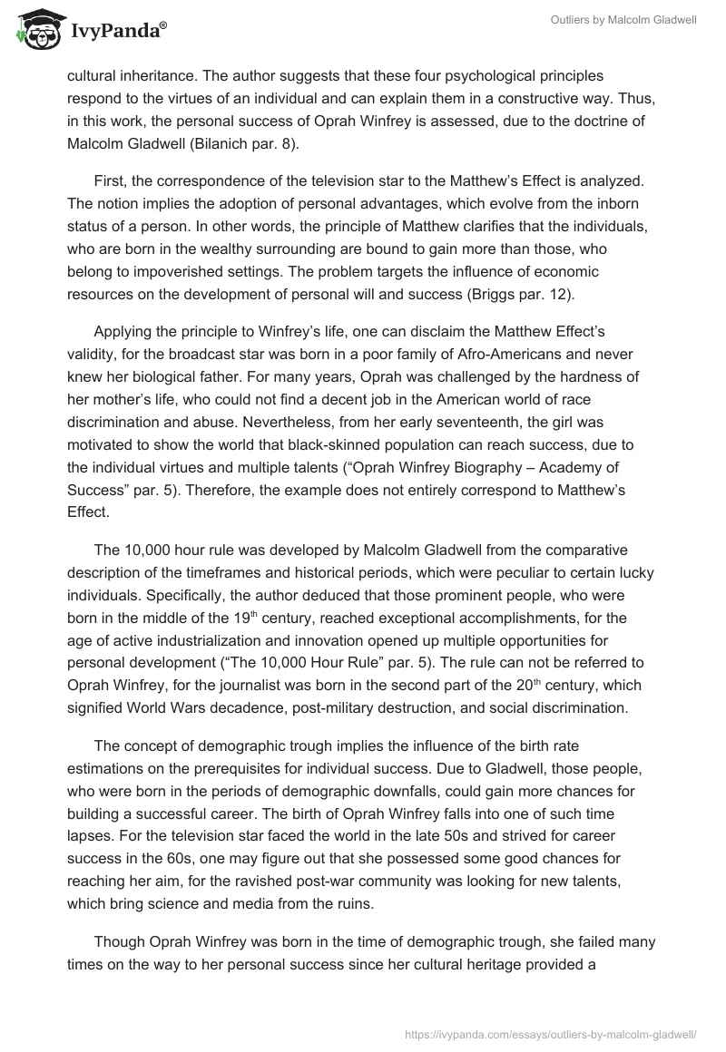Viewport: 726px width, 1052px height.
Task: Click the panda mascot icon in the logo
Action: click(34, 29)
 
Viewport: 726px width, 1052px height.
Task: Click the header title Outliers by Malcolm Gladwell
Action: click(623, 21)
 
